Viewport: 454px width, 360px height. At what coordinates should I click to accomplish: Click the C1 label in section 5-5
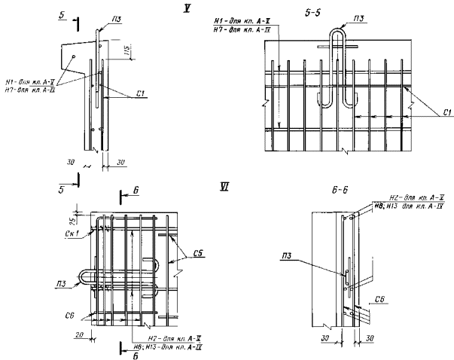[x=446, y=112]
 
